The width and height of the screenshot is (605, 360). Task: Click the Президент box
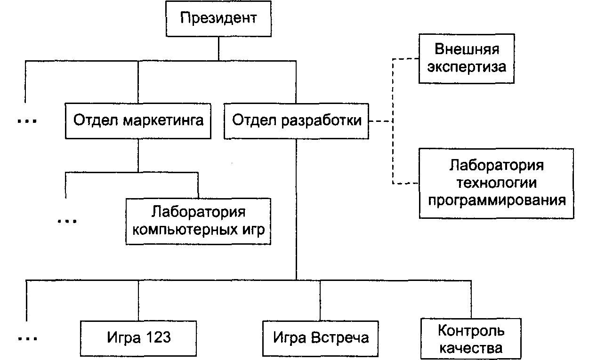pos(218,19)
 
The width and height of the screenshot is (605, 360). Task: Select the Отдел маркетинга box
pos(138,121)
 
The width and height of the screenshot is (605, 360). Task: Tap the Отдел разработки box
pos(296,121)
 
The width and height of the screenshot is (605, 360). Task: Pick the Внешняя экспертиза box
pos(467,58)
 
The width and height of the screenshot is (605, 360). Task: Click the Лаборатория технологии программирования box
pos(496,183)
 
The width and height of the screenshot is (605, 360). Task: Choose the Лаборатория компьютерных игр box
pos(198,221)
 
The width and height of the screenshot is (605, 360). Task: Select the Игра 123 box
pos(138,338)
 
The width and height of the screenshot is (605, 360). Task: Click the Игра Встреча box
pos(320,338)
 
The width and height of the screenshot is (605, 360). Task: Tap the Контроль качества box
pos(471,339)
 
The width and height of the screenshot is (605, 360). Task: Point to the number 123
pos(159,337)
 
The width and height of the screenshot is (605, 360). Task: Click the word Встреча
pos(340,337)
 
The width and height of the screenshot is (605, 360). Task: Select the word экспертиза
pos(467,67)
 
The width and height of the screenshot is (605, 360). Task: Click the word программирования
pos(497,200)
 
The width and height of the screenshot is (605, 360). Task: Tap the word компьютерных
pos(183,230)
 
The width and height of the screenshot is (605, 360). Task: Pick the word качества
pos(471,348)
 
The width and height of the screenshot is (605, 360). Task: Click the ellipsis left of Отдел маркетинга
pos(27,121)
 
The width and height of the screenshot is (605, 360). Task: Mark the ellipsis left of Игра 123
pos(28,338)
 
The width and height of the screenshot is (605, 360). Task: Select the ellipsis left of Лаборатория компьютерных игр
pos(67,221)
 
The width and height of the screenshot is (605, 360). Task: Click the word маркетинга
pos(163,120)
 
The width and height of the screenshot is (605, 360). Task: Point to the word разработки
pos(321,120)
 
